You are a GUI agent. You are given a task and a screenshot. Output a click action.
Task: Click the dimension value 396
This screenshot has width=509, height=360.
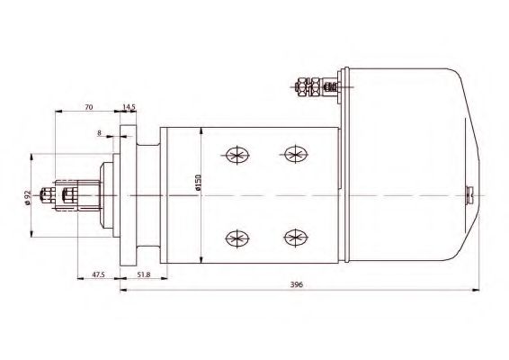point(296,285)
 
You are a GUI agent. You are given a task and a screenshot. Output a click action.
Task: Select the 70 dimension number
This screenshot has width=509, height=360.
point(88,107)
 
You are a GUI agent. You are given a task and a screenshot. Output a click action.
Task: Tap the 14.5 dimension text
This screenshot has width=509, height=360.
point(129,107)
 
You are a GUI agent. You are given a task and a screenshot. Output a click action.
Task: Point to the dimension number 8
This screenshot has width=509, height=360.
point(98,133)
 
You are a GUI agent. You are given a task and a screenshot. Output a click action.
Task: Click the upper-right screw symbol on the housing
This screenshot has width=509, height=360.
point(293,154)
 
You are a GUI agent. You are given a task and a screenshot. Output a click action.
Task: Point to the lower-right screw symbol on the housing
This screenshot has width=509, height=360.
point(293,237)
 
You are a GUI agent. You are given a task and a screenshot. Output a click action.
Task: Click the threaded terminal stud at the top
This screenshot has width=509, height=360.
point(310,87)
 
